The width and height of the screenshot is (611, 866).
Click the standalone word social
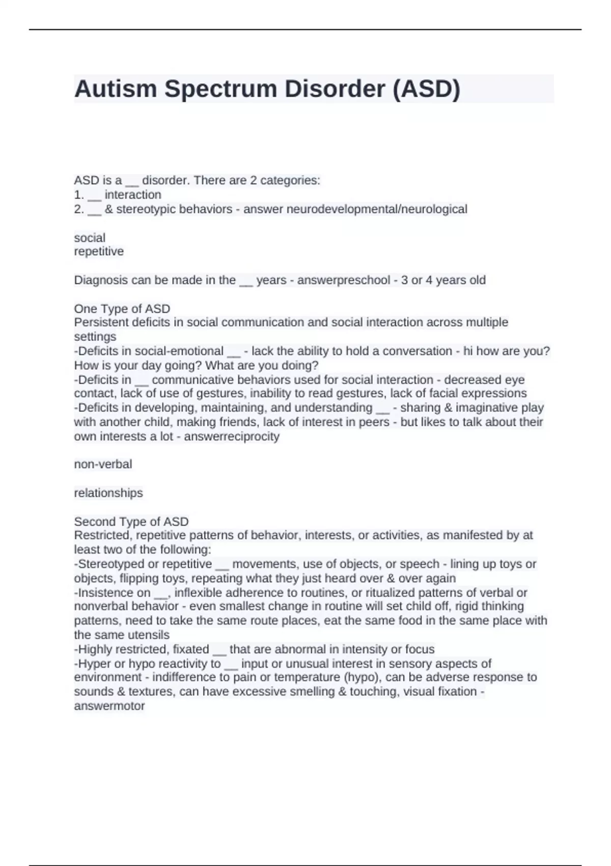pyautogui.click(x=90, y=238)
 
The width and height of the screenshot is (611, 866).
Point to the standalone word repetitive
pyautogui.click(x=99, y=252)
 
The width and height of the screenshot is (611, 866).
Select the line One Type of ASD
pyautogui.click(x=122, y=309)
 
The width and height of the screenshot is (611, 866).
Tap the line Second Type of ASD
pyautogui.click(x=131, y=522)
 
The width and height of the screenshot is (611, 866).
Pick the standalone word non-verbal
pyautogui.click(x=103, y=464)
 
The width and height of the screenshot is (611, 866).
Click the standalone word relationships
pyautogui.click(x=108, y=493)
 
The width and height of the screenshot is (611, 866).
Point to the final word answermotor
pyautogui.click(x=109, y=706)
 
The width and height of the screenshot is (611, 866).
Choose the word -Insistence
pyautogui.click(x=105, y=593)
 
